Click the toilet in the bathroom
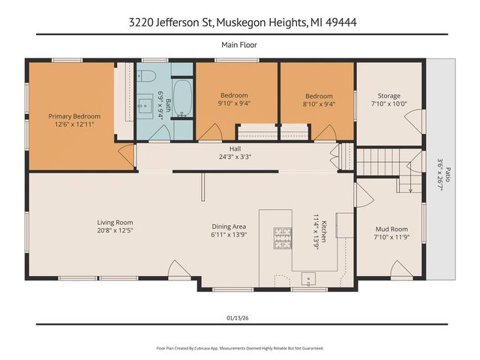pos(146,76)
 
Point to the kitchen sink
pos(307,280)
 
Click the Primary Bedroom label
pos(74,116)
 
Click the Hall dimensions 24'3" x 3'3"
pos(225,157)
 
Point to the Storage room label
pos(388,95)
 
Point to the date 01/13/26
pos(239,316)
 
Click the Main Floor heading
pos(239,45)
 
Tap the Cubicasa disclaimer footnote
pos(239,348)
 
